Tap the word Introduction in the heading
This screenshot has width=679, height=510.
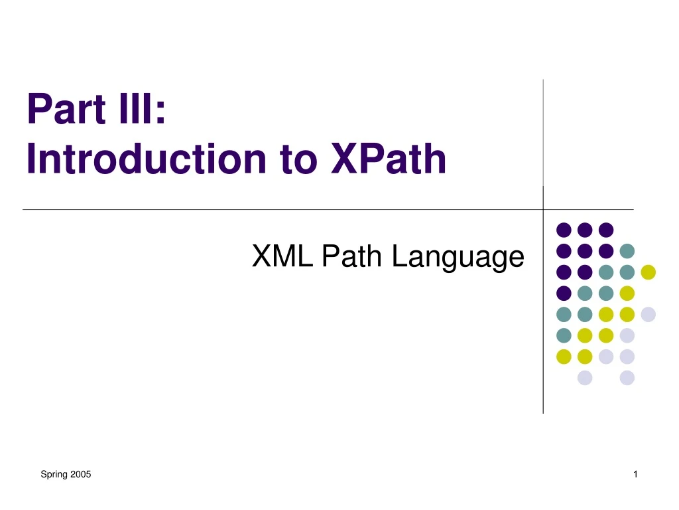[x=135, y=159]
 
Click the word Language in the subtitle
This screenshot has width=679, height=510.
[x=458, y=257]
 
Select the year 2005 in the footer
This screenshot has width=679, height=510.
[x=80, y=474]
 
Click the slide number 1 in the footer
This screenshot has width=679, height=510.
[x=635, y=474]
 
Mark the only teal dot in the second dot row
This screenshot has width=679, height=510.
[x=627, y=251]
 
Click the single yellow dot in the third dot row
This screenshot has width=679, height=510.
[x=648, y=272]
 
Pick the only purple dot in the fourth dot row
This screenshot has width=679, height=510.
[x=564, y=293]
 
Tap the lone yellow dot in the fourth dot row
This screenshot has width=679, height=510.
[x=627, y=293]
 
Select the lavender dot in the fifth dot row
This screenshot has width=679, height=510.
[x=648, y=314]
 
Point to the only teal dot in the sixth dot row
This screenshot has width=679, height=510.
[x=564, y=335]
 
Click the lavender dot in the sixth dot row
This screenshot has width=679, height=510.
[x=627, y=335]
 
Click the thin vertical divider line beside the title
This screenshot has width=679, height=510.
[x=543, y=133]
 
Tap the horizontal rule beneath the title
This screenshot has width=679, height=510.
[x=265, y=209]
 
